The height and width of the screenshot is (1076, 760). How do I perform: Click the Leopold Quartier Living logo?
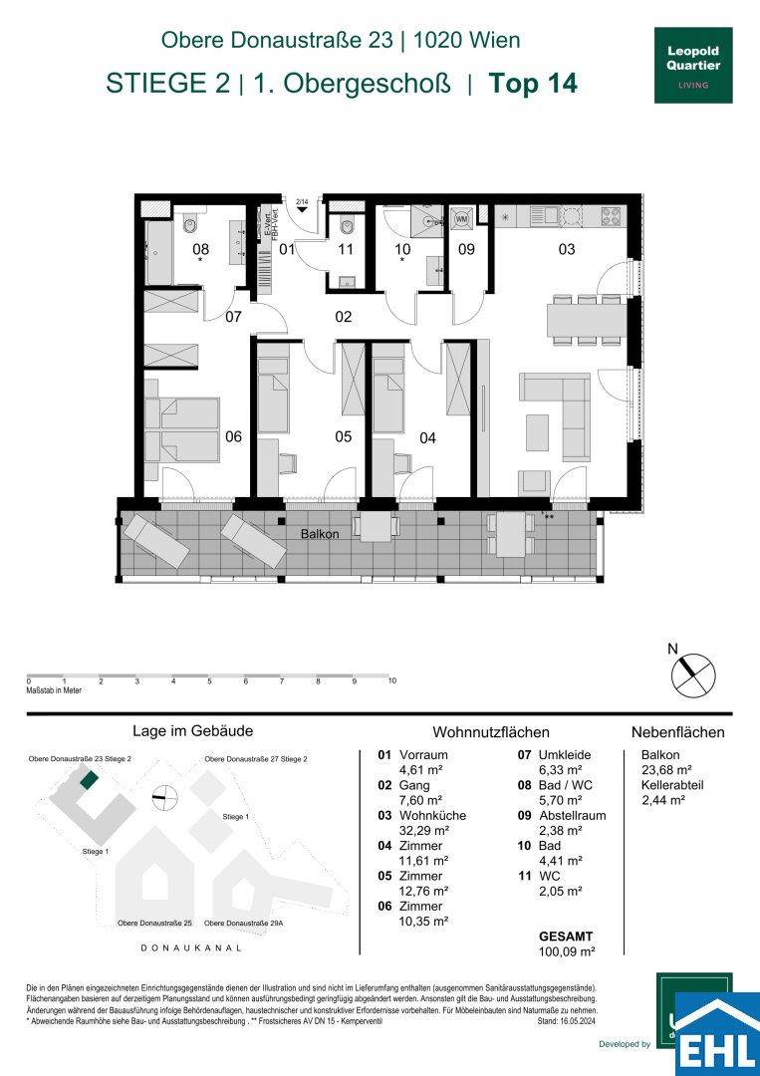[x=692, y=63]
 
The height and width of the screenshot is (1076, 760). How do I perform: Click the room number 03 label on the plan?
[x=566, y=250]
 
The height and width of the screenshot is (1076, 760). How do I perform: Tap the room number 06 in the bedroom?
[x=233, y=436]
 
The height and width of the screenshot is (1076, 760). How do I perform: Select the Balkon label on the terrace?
[x=320, y=534]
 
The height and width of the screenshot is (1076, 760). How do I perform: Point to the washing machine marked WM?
[x=462, y=217]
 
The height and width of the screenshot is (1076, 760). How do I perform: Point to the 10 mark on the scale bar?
[x=391, y=681]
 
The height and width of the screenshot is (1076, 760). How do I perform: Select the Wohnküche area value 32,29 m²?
[x=422, y=830]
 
